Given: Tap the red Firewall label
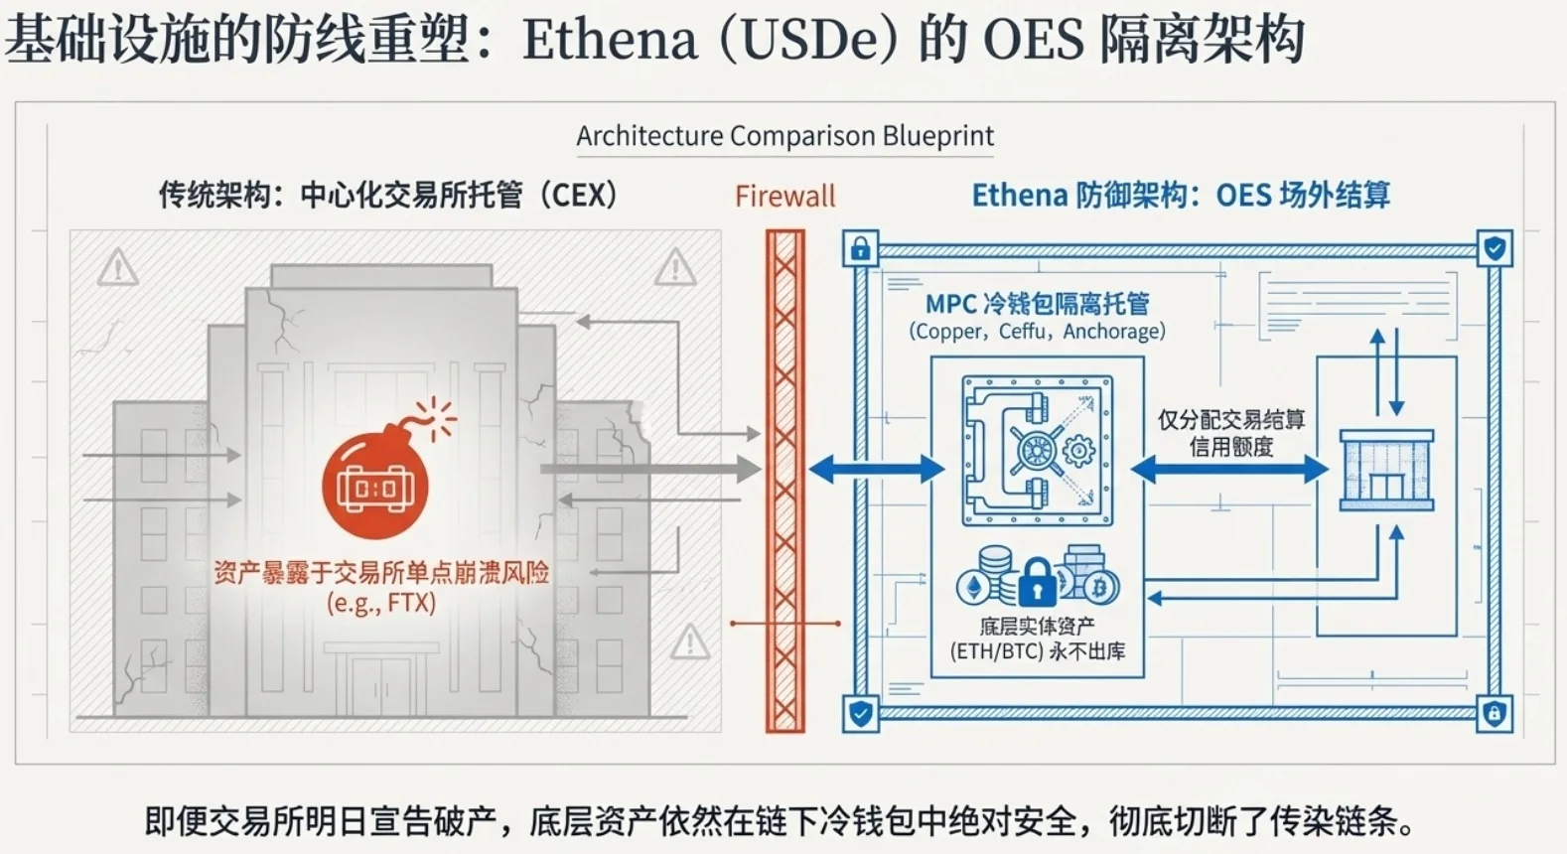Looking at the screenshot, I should click(x=784, y=197).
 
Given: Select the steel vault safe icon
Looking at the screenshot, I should click(x=1037, y=450).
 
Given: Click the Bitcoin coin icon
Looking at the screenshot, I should click(x=1099, y=587).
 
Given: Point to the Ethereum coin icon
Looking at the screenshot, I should click(x=974, y=587).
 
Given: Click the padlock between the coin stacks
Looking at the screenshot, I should click(x=1037, y=584).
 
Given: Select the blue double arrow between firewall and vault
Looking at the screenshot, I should click(x=877, y=469).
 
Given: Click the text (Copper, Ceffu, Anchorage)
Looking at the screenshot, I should click(x=1037, y=332).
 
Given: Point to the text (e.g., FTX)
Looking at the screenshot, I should click(x=381, y=603).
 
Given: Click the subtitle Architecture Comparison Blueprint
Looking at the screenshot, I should click(x=784, y=136).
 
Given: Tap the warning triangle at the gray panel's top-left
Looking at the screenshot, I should click(x=117, y=267).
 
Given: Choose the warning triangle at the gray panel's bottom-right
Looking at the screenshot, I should click(x=689, y=642).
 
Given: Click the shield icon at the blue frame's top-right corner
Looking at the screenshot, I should click(x=1495, y=248).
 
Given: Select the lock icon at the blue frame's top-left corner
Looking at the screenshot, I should click(x=860, y=248).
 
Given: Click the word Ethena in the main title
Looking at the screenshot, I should click(x=610, y=40).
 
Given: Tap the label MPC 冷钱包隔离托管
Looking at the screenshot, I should click(x=1037, y=303).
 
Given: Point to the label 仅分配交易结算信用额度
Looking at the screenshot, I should click(x=1231, y=433).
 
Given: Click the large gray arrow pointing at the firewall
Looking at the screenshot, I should click(x=650, y=469).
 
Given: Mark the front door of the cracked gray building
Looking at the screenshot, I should click(x=380, y=685).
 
